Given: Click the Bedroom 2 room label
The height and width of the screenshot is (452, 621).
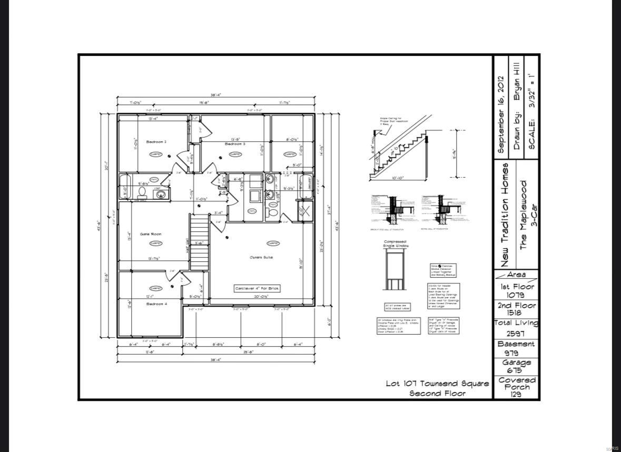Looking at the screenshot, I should [x=156, y=142].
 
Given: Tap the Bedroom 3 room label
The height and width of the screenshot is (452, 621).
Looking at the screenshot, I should [x=235, y=144].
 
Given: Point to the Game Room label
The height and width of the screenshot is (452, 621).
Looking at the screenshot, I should [x=151, y=234].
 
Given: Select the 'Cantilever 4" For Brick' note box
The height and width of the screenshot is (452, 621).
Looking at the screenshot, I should [x=257, y=288].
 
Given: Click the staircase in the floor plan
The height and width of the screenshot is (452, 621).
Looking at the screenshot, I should [x=199, y=243].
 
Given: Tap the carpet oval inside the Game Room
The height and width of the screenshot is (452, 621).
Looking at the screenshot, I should [x=155, y=243].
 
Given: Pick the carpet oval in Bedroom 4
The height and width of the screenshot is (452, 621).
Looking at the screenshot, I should [x=155, y=288].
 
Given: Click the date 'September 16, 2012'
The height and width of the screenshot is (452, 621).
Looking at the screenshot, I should [x=501, y=115].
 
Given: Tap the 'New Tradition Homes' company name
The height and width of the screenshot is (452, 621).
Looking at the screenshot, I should [x=505, y=215].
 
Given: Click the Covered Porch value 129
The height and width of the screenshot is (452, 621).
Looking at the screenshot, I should [x=516, y=395].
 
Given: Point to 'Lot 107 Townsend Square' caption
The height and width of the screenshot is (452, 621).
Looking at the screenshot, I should [x=437, y=384].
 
